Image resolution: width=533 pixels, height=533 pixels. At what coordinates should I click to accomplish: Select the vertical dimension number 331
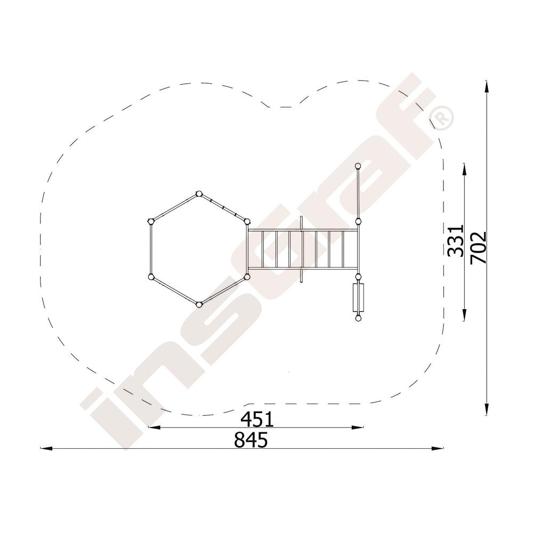point(456,241)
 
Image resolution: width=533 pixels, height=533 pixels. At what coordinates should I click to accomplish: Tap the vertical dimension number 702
point(479,247)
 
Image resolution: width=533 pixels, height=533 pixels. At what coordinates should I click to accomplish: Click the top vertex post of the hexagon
point(199,194)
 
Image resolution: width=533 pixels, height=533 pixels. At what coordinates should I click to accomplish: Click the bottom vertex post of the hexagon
point(199,304)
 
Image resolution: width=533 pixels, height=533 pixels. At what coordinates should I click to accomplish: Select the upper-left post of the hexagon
point(151,222)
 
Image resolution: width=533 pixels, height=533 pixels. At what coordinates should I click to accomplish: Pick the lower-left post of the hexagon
point(151,277)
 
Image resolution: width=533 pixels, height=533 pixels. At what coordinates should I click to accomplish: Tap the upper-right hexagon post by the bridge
point(247,222)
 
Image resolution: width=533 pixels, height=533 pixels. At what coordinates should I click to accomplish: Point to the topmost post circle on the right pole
point(358,166)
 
